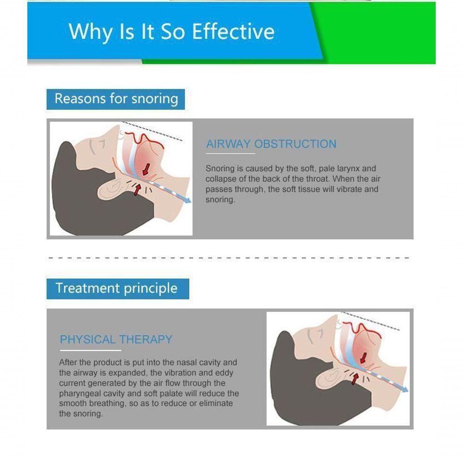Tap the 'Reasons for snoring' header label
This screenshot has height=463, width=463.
116,99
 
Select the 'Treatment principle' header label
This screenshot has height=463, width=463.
116,288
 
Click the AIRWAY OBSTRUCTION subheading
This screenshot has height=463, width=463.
271,144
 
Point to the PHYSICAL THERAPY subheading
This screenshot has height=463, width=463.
116,339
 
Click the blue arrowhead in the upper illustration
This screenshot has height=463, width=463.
188,200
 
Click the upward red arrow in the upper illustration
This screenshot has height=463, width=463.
138,188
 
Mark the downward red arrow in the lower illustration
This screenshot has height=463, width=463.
363,358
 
